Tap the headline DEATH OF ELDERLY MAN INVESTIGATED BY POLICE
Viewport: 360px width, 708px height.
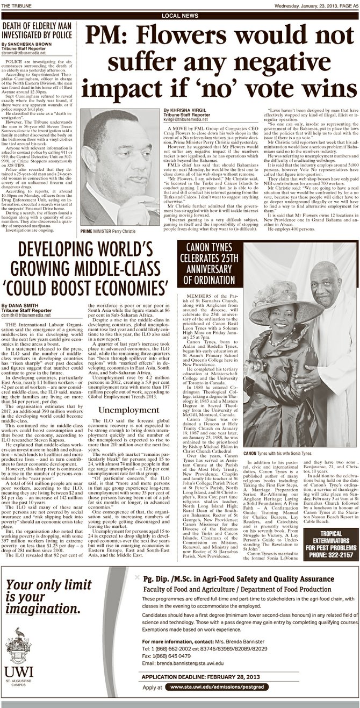37,33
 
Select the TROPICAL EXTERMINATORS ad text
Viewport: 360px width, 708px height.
331,539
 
